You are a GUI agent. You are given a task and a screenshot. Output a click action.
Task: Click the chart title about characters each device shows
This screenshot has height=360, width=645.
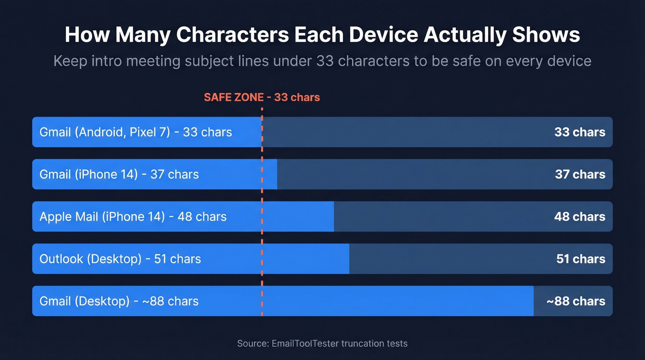click(x=322, y=35)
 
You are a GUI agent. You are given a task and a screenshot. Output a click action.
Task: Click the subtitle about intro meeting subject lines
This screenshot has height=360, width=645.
click(x=322, y=61)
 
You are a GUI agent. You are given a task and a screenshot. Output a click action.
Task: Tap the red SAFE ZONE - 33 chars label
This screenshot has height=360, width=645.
click(x=262, y=97)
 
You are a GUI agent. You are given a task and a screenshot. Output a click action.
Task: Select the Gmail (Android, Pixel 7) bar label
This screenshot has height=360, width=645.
click(x=135, y=132)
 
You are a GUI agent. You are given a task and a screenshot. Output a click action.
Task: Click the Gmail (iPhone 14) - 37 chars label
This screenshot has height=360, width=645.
click(x=119, y=174)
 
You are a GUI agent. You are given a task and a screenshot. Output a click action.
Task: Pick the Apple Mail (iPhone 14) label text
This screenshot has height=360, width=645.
click(x=133, y=217)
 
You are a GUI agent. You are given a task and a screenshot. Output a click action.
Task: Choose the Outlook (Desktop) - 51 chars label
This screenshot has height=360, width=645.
click(x=120, y=259)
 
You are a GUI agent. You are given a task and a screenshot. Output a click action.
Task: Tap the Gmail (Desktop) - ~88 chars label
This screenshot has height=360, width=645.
click(x=119, y=301)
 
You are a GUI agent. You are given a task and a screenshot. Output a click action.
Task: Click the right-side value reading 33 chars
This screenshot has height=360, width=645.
click(x=580, y=132)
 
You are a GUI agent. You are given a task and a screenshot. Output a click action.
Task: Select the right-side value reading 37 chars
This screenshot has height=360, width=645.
click(x=580, y=174)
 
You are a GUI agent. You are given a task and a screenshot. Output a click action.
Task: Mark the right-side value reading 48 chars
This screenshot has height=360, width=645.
click(x=580, y=217)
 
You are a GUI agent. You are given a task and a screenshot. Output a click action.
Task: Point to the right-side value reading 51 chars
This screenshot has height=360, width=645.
click(x=580, y=259)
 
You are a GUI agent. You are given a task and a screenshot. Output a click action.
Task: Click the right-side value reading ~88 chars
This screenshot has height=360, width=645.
click(x=575, y=301)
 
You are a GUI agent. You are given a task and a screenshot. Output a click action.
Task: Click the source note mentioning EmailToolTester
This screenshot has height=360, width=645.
click(x=322, y=343)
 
